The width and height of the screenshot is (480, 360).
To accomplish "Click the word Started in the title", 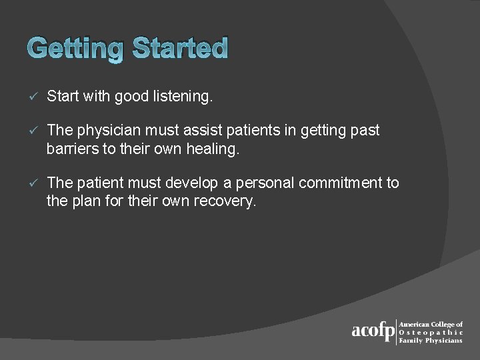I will coord(180,48).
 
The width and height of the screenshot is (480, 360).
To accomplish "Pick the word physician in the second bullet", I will coord(108,131).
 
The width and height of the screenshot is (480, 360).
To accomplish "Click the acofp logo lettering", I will coord(373,331).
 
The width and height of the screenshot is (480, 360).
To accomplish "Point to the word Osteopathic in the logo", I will coord(431,332).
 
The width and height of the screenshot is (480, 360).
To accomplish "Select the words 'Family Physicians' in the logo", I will coord(430,340).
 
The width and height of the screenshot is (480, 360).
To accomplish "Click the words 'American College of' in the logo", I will coord(430,324).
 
